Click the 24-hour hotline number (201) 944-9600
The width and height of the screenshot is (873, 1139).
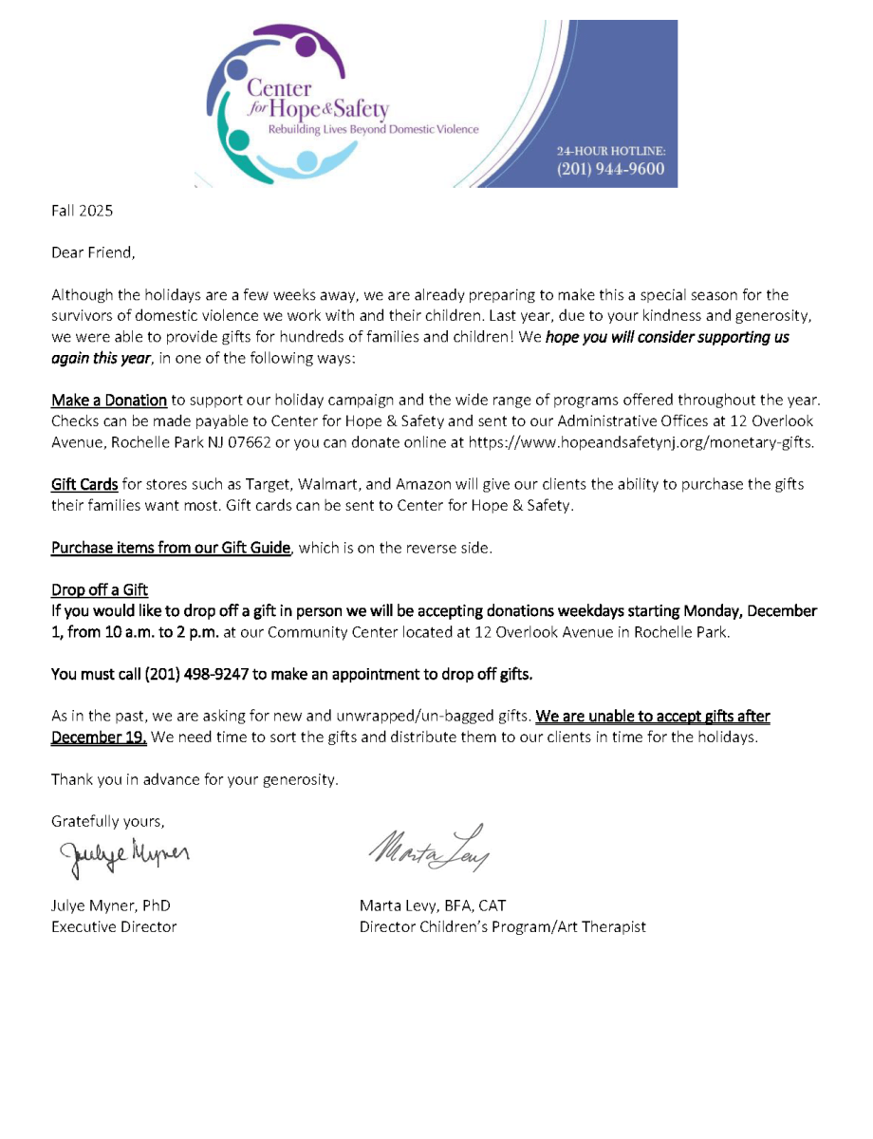pos(610,170)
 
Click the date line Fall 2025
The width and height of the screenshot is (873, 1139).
pos(82,211)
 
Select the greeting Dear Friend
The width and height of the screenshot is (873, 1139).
pos(93,253)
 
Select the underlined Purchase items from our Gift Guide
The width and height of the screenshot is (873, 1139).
pos(170,548)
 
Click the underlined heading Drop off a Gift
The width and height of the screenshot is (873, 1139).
pos(100,590)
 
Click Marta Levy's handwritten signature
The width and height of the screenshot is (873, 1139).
pos(428,846)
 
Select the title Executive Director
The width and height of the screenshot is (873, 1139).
pos(114,926)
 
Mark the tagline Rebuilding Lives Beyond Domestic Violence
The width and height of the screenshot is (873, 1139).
pos(374,129)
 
